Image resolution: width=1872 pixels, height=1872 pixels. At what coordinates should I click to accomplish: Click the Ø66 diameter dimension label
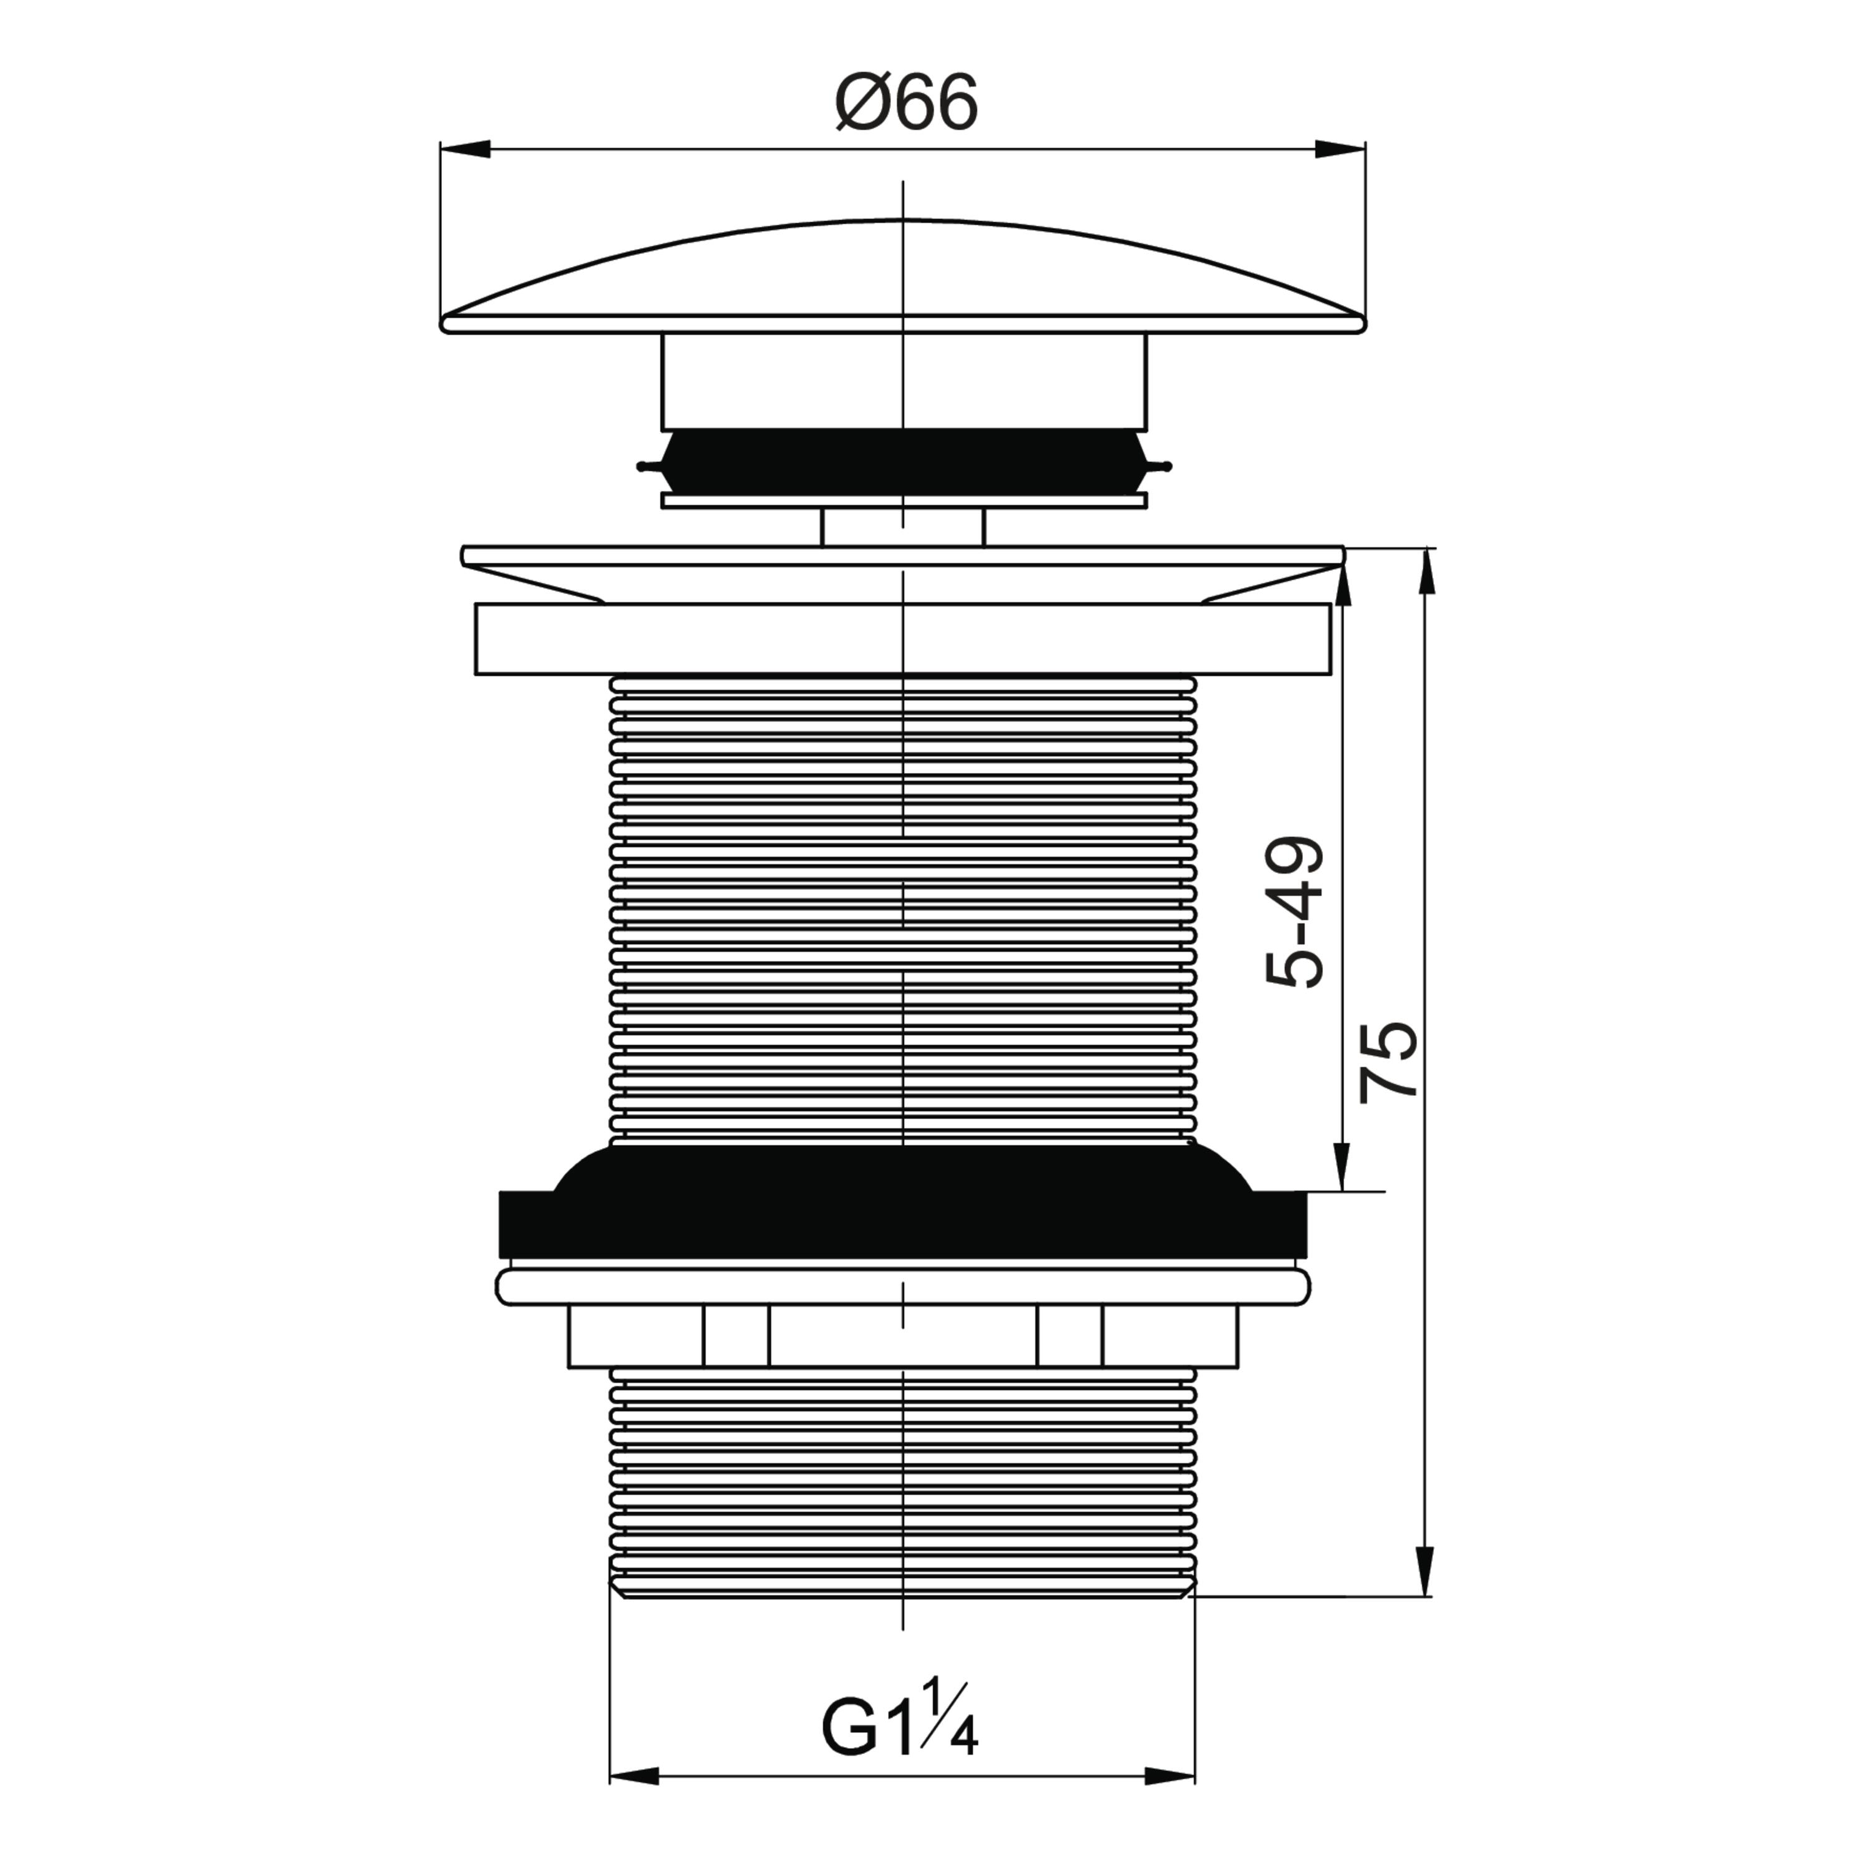pyautogui.click(x=906, y=103)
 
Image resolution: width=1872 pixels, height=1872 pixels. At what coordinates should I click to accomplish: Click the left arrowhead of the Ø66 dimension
pyautogui.click(x=463, y=149)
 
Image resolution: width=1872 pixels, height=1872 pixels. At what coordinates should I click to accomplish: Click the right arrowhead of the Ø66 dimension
pyautogui.click(x=1341, y=149)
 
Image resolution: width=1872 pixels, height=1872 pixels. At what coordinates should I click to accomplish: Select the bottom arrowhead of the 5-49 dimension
pyautogui.click(x=1342, y=1167)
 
